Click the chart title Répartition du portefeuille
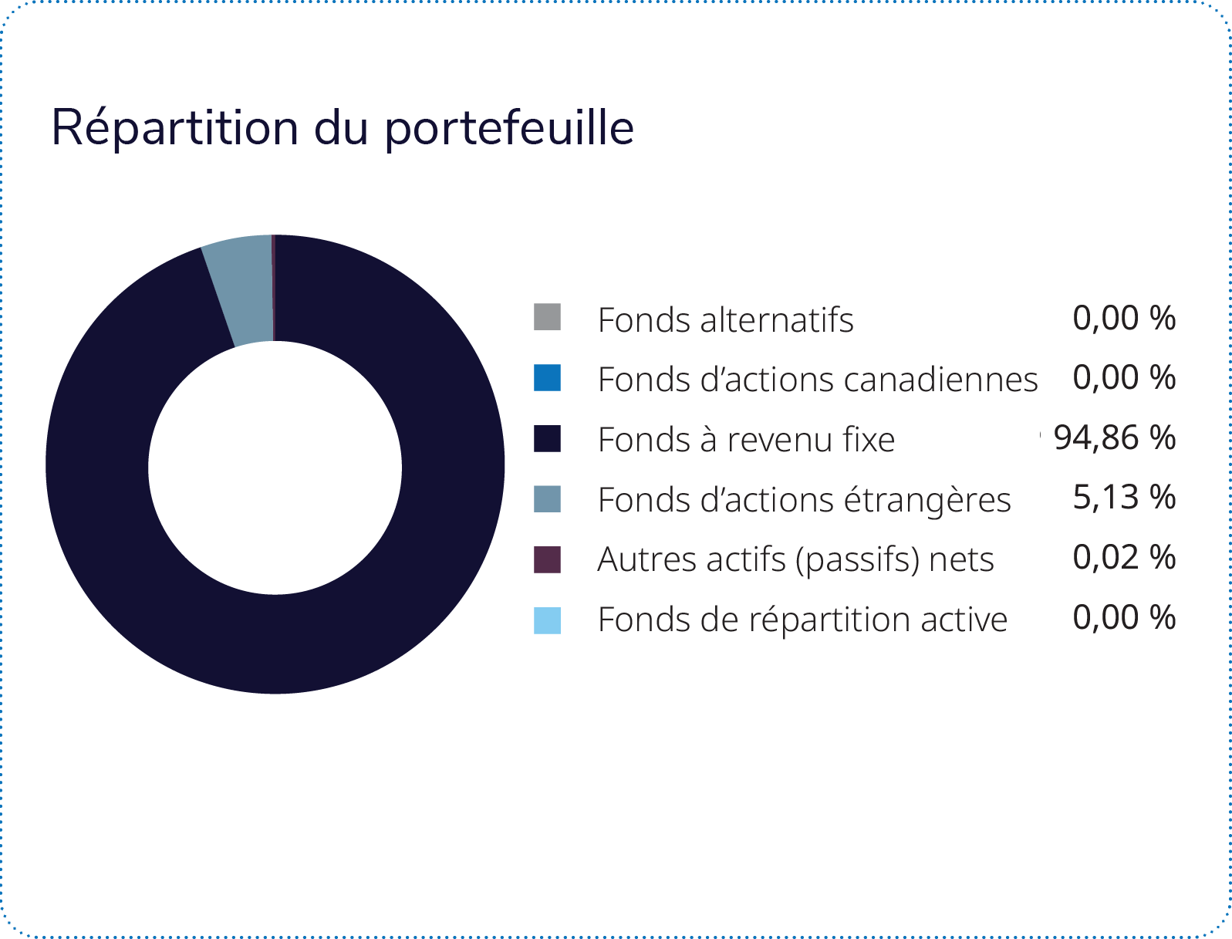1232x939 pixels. click(x=343, y=129)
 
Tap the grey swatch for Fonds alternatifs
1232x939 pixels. click(x=547, y=317)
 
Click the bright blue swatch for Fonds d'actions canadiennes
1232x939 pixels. click(x=547, y=378)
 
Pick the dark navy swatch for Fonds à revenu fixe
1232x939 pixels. click(x=547, y=438)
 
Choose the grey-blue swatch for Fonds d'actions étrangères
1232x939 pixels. click(x=547, y=499)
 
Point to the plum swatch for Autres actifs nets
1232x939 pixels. click(x=547, y=559)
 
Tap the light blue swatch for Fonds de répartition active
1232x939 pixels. click(x=547, y=620)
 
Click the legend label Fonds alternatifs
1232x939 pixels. click(x=726, y=320)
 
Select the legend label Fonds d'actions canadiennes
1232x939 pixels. click(x=818, y=380)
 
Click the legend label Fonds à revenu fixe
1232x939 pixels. click(x=747, y=440)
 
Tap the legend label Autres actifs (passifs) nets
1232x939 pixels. click(x=796, y=561)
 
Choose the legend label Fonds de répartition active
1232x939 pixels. click(x=802, y=621)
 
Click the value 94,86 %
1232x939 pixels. click(x=1115, y=437)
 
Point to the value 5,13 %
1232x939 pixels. click(x=1124, y=498)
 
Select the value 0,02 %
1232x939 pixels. click(x=1124, y=558)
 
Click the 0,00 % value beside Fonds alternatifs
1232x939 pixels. click(x=1124, y=318)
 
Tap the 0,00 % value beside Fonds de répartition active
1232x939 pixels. click(x=1124, y=618)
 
